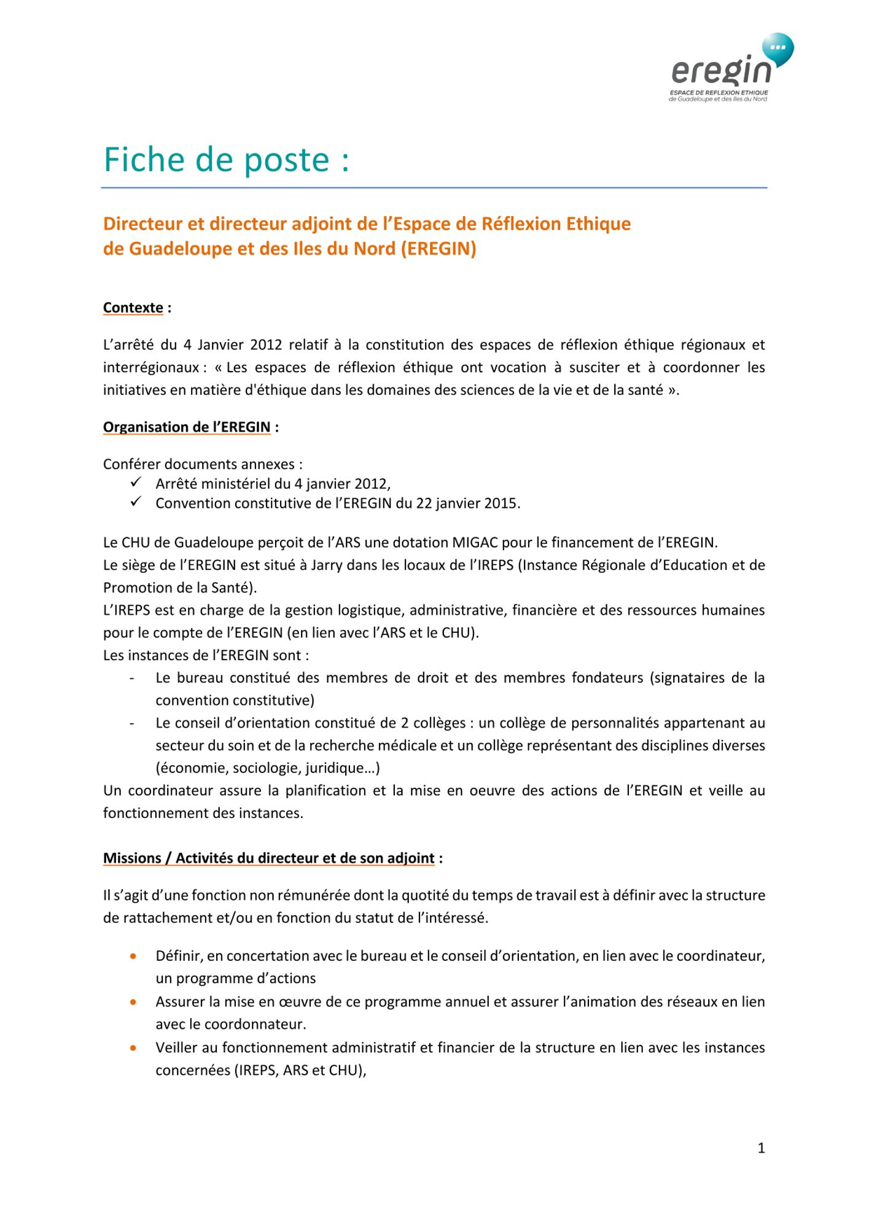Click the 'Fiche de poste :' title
(226, 160)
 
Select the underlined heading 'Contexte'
(133, 308)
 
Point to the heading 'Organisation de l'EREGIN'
(187, 427)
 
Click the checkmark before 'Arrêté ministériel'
(136, 483)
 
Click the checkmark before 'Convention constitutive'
(136, 502)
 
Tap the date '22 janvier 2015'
(466, 503)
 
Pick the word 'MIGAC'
(475, 543)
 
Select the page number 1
(761, 1148)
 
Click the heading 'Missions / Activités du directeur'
(268, 858)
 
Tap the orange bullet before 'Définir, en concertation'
(133, 956)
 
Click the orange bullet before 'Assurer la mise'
(133, 1002)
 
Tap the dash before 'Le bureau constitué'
(132, 678)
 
